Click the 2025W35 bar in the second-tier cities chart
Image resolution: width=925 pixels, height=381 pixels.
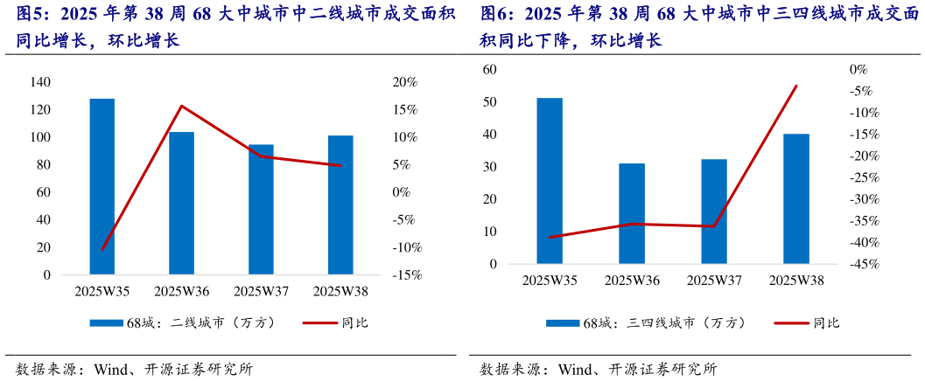(x=102, y=187)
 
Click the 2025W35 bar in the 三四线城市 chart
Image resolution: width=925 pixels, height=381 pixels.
(x=550, y=181)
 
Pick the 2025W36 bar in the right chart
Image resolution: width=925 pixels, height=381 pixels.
(x=632, y=213)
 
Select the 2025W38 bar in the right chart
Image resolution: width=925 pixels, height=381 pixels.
(x=796, y=198)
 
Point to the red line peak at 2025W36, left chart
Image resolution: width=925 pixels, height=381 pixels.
(x=181, y=106)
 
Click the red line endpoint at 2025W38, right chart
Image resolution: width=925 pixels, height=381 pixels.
(x=796, y=86)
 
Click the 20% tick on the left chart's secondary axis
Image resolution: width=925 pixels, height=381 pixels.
(x=405, y=82)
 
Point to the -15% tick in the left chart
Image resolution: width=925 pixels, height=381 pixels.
(x=403, y=275)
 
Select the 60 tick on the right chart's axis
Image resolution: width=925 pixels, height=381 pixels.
(x=490, y=70)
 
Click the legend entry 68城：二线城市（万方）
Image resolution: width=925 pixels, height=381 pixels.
(x=184, y=322)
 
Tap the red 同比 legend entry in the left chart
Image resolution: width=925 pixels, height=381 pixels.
(x=336, y=322)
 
